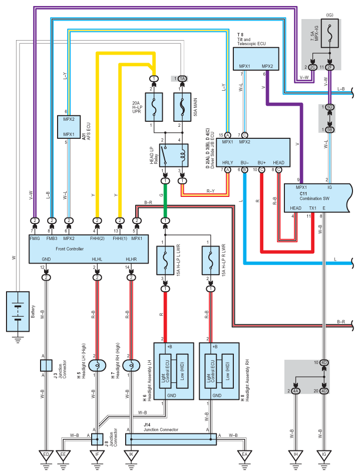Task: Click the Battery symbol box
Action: pos(18,312)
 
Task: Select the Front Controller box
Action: pos(89,249)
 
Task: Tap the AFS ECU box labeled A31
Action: pos(69,127)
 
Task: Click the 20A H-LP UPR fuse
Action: pos(154,107)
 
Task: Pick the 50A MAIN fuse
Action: pos(182,107)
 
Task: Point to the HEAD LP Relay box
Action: pos(174,155)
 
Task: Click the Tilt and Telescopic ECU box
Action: pos(256,59)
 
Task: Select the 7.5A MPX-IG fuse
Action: pos(329,34)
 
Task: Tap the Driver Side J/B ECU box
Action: pos(253,153)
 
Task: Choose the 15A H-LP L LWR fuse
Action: pos(165,261)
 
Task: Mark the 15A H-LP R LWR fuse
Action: pos(210,261)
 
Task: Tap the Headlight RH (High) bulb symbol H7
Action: pos(132,365)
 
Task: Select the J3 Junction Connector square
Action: pos(46,365)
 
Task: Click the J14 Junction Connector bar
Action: pos(171,439)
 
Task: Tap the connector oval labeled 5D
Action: pos(329,107)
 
